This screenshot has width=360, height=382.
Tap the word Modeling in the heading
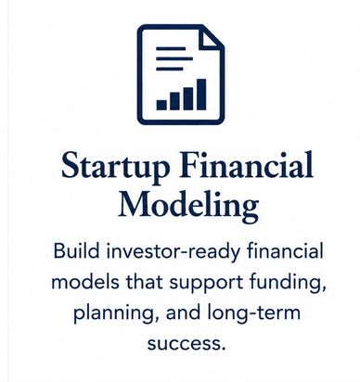coord(188,205)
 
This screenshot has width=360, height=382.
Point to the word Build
coord(76,250)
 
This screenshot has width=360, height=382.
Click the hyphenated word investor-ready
coord(173,251)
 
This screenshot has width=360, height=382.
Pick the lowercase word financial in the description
coord(285,250)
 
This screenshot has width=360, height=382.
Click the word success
coord(186,344)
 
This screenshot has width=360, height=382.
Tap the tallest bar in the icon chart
coord(201,95)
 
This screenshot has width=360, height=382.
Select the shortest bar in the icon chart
coord(161,105)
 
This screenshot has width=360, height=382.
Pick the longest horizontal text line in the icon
coord(174,58)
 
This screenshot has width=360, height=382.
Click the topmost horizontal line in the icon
coord(171,48)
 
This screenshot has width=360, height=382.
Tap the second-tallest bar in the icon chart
coord(188,98)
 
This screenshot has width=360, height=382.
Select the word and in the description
coord(183,312)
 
